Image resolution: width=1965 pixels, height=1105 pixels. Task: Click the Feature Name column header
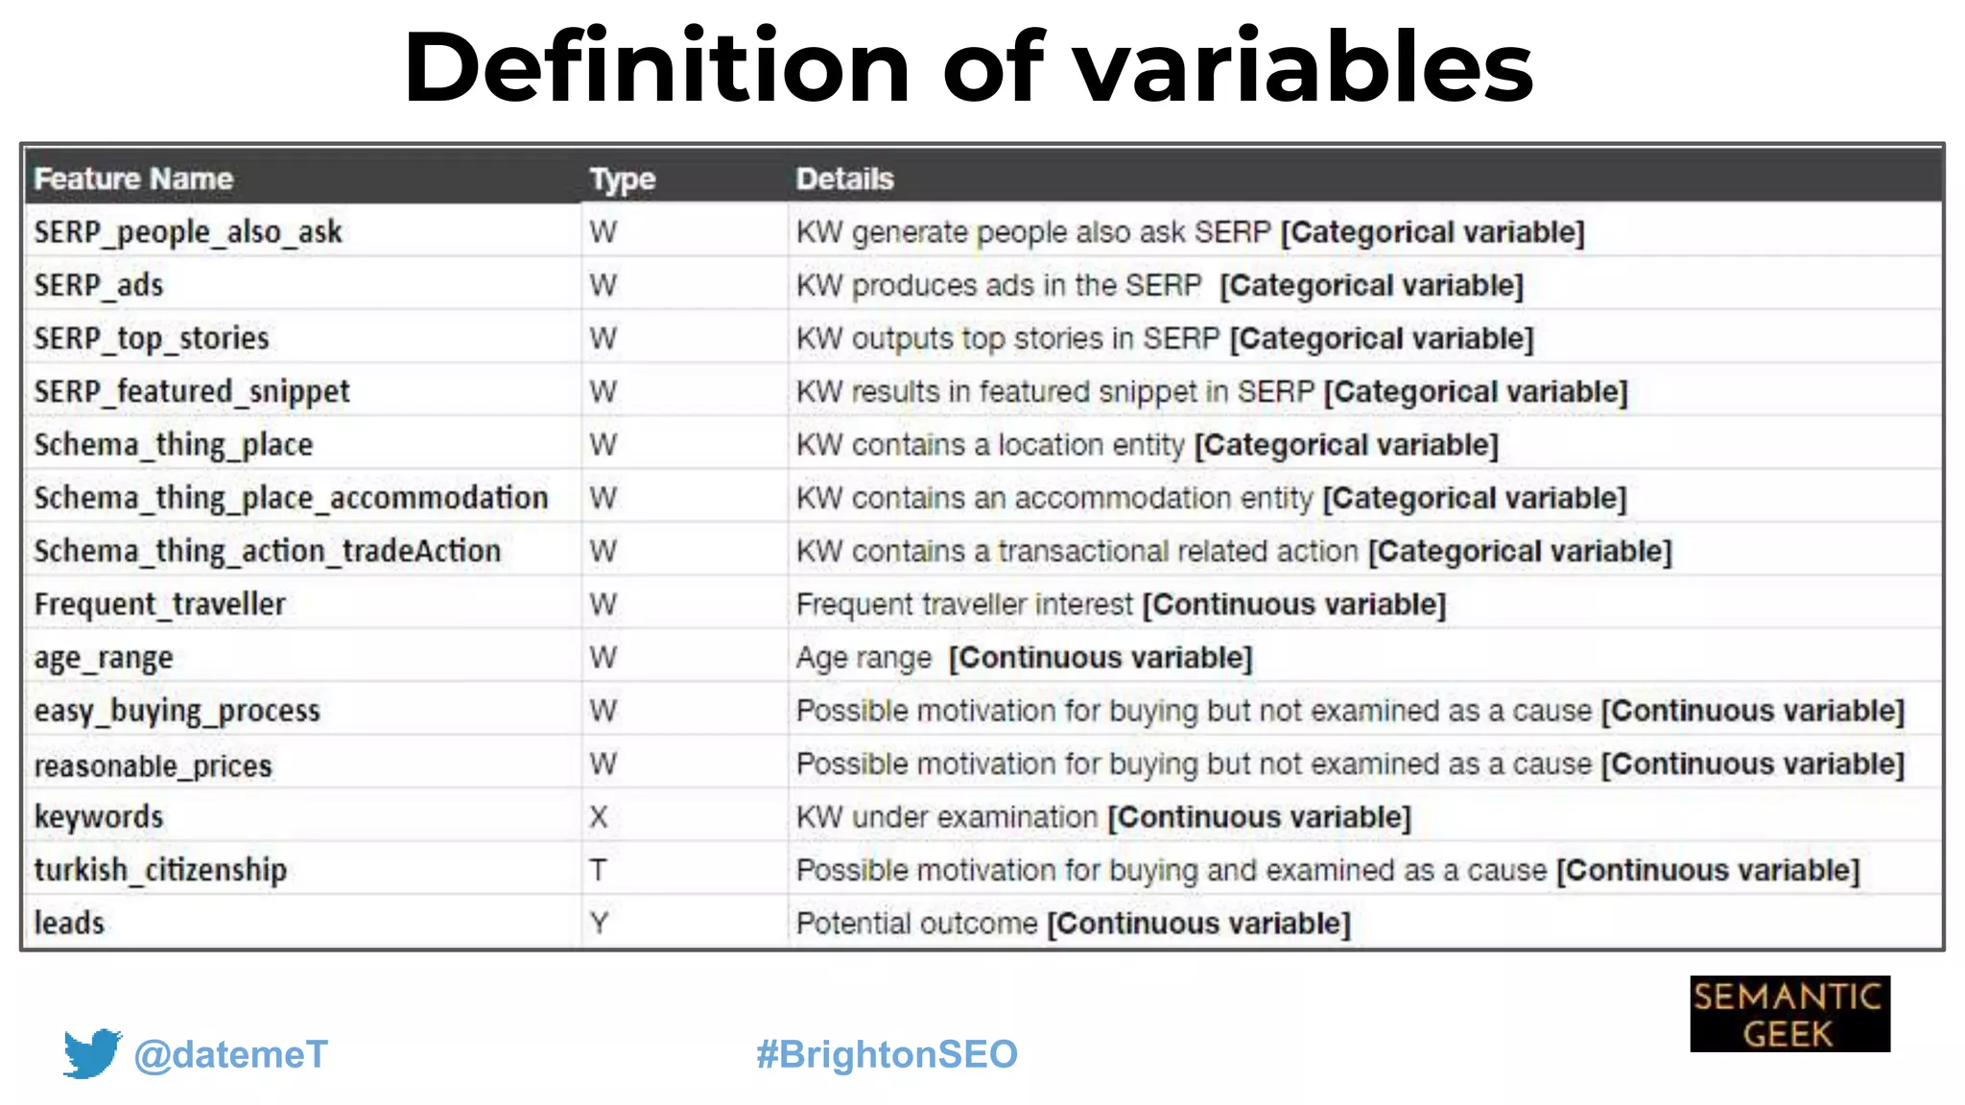pos(133,178)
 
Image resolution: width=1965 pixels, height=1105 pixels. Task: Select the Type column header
pos(622,178)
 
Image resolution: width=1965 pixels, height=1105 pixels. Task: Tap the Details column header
pos(844,178)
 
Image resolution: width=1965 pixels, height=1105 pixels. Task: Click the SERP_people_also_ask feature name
pos(188,232)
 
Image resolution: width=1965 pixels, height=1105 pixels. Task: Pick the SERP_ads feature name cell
pos(99,285)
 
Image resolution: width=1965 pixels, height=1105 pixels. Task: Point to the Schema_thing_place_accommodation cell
pos(291,498)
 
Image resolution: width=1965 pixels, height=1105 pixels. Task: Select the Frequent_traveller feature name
pos(160,604)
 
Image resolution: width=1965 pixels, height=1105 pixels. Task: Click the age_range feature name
pos(104,658)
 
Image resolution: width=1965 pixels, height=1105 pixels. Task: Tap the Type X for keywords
pos(599,817)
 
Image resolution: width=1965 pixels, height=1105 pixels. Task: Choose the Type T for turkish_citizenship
pos(598,870)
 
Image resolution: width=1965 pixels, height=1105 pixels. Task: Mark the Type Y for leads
pos(599,923)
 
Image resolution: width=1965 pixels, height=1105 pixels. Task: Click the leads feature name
pos(69,923)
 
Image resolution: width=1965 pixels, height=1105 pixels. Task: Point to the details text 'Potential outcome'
pos(916,923)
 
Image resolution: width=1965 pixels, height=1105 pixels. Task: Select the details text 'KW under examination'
pos(946,817)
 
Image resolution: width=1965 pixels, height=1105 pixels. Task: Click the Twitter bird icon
pos(92,1053)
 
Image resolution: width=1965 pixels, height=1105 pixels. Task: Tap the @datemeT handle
pos(231,1054)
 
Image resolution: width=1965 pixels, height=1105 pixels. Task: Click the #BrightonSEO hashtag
pos(887,1054)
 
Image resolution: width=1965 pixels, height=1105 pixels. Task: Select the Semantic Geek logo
pos(1789,1014)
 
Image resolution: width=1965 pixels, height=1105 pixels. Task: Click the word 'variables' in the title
pos(1303,67)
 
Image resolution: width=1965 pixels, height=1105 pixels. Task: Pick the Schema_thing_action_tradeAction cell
pos(268,552)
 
